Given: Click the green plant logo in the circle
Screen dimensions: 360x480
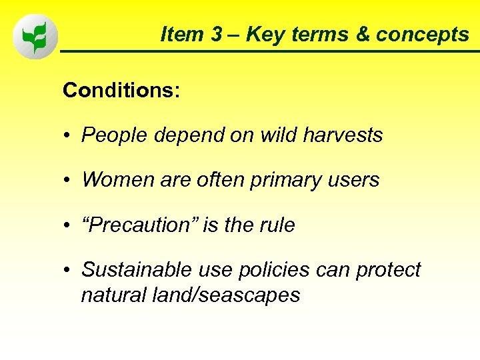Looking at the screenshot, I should [x=35, y=38].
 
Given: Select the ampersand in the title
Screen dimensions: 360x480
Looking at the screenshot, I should [x=363, y=35].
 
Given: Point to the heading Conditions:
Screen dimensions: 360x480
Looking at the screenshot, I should [x=121, y=91].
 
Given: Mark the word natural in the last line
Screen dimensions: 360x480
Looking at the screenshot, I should [x=109, y=294].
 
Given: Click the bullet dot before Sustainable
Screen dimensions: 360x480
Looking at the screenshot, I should [x=68, y=271].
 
